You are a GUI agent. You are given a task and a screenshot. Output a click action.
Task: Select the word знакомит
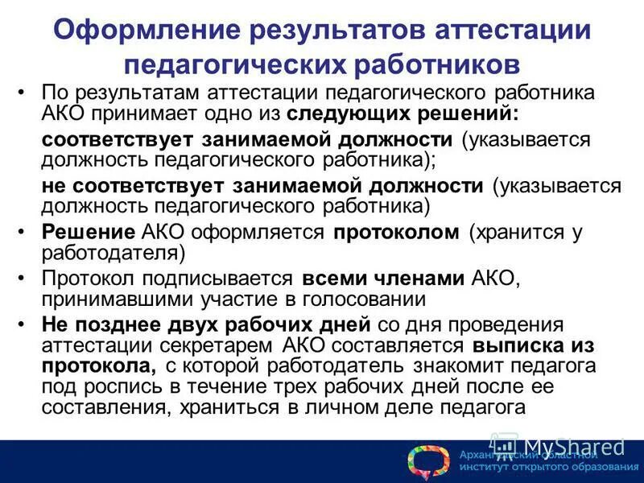click(x=449, y=366)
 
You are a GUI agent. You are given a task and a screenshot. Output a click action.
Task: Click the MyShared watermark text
click(x=573, y=445)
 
